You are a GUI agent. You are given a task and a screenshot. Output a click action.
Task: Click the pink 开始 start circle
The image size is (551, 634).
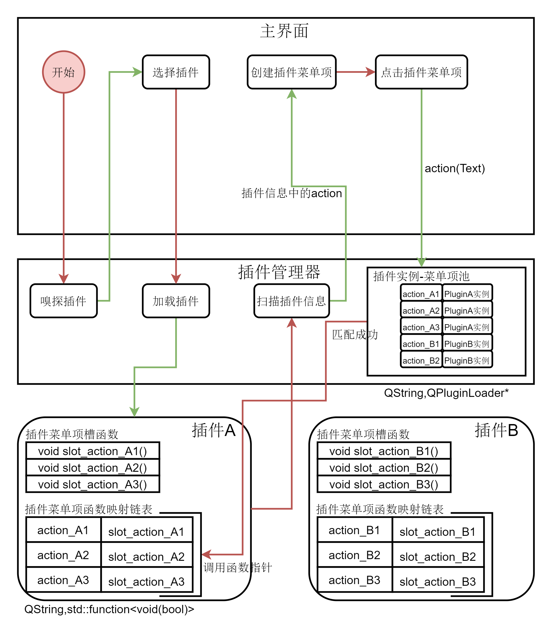64,72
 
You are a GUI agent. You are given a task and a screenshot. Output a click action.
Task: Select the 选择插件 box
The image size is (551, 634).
176,72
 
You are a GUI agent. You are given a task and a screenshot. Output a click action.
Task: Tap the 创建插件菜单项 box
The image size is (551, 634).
292,72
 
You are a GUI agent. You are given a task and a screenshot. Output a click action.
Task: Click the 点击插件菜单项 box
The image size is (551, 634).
421,72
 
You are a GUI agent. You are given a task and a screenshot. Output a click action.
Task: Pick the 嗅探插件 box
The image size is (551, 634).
64,301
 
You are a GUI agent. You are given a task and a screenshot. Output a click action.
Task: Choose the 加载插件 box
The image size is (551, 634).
176,301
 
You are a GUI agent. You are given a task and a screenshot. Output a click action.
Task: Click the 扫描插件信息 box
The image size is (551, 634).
292,301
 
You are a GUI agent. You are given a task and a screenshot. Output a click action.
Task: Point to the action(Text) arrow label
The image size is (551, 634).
454,168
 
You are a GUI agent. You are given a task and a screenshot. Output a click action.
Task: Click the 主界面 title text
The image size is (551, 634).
284,31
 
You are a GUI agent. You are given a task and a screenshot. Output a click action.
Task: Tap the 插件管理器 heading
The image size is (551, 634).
279,272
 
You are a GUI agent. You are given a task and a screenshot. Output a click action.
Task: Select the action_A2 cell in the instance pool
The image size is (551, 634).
421,311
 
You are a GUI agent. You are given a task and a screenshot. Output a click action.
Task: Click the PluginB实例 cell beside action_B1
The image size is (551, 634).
467,344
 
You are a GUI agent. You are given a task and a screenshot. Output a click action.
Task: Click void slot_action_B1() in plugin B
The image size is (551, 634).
384,452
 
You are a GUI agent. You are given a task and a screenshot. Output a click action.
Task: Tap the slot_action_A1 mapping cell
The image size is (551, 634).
146,532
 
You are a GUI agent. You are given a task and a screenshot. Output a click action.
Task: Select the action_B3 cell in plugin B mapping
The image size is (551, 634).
355,580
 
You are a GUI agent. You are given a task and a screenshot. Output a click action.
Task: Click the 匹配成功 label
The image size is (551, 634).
355,335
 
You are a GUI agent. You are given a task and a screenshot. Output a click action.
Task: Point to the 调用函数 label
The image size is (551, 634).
226,568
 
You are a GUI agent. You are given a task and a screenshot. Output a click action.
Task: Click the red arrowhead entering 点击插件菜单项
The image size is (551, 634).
370,72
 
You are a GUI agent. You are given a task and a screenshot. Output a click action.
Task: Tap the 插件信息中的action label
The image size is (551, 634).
292,193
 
